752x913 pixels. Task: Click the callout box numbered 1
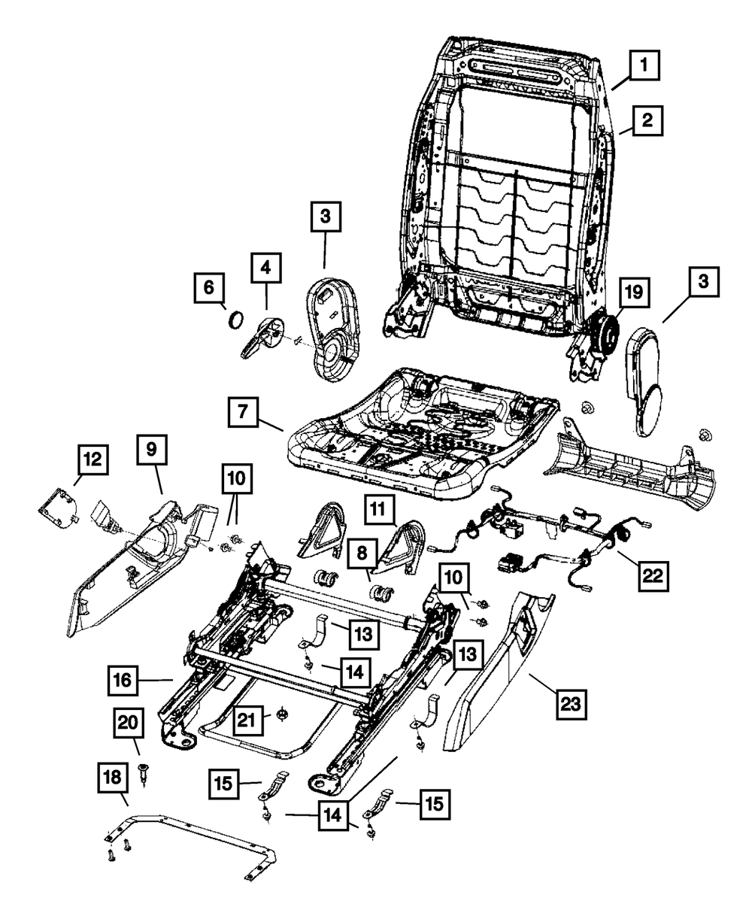point(644,65)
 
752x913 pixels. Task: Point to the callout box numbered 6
point(209,287)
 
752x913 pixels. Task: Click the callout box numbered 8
point(362,554)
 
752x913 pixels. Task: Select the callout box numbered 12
point(93,460)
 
